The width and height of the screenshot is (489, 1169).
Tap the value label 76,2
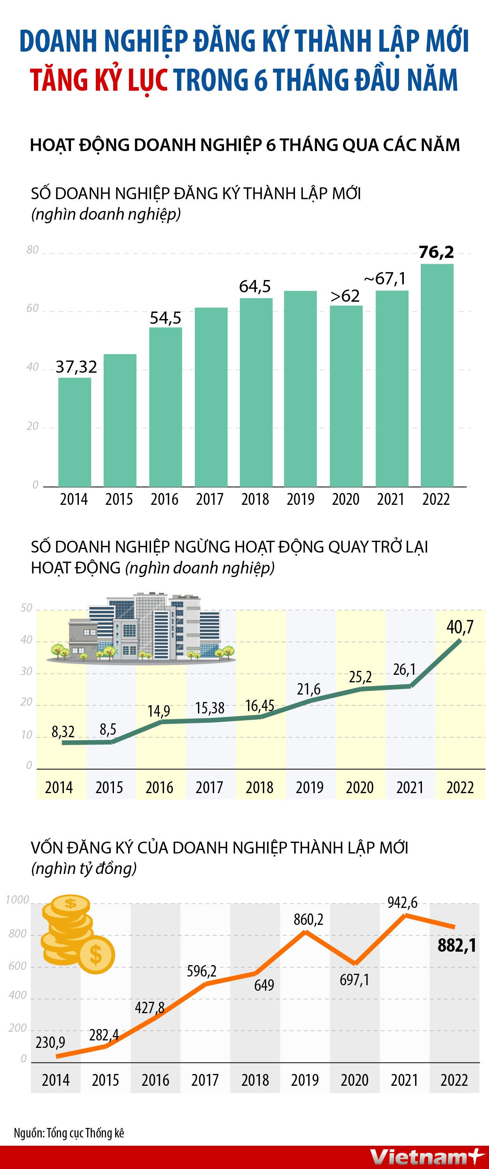coord(436,252)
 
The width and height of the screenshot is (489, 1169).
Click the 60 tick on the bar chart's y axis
coord(32,308)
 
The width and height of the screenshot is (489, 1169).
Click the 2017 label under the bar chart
coord(209,499)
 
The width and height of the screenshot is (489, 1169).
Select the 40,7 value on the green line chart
coord(459,627)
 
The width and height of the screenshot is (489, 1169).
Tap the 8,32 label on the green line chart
coord(63,731)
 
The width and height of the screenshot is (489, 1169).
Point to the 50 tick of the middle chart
coord(26,608)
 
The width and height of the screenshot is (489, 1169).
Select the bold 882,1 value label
coord(457,945)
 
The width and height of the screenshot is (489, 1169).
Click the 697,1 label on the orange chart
coord(354,980)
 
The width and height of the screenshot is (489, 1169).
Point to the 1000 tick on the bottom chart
coord(17,900)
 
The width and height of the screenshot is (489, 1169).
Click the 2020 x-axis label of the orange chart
coord(354,1080)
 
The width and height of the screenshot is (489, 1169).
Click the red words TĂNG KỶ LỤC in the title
coord(99,80)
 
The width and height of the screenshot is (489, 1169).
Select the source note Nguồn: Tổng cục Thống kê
coord(69,1133)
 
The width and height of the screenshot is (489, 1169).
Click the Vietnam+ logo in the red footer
coord(426,1157)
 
